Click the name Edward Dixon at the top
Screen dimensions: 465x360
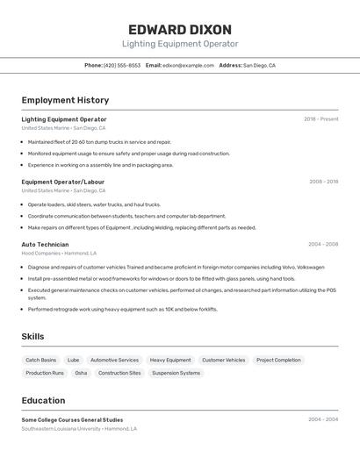pos(180,29)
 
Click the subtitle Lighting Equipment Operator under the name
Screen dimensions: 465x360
pos(180,44)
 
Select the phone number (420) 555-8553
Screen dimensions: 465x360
pos(122,65)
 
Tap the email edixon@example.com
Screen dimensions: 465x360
pos(189,65)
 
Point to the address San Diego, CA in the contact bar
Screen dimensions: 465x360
pos(259,65)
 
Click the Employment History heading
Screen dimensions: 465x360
pos(65,100)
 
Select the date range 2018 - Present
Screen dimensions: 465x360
pos(320,119)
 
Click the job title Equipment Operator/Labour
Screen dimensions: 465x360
pos(63,182)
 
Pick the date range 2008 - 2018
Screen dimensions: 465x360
pos(323,182)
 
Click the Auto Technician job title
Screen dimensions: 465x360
pos(45,244)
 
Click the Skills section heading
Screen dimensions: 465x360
pos(32,336)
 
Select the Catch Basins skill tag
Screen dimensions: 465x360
pos(40,360)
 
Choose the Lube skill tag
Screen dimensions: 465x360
pos(73,360)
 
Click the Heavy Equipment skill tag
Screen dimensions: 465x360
pos(170,360)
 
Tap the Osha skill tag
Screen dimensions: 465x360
pos(81,373)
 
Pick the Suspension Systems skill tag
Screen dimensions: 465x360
pos(176,373)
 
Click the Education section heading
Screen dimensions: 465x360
pos(43,400)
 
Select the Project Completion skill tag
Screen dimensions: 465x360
pos(278,360)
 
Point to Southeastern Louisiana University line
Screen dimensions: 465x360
pos(79,429)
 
